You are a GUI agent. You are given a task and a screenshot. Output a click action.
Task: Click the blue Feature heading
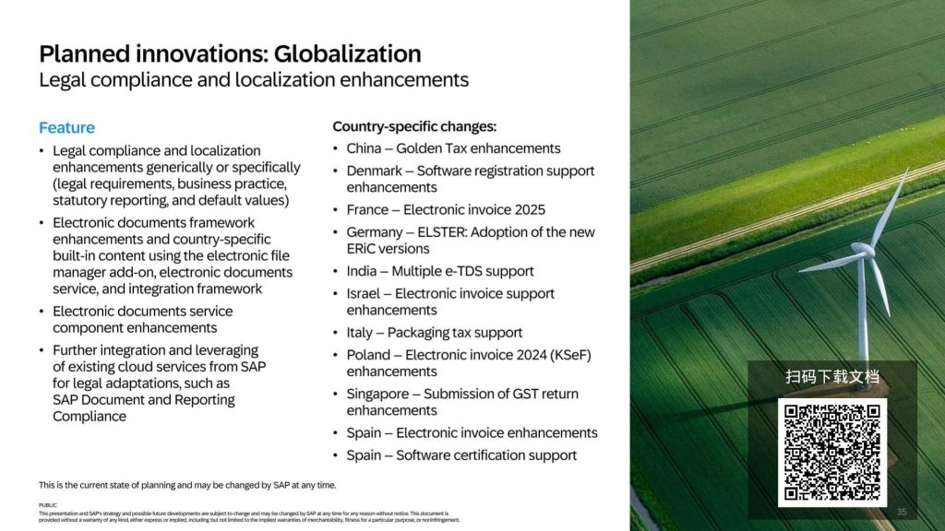point(66,127)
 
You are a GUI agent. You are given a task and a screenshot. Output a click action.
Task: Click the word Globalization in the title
point(347,53)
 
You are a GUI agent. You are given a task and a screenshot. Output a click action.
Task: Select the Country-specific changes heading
point(414,126)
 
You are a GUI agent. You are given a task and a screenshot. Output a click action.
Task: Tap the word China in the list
point(364,148)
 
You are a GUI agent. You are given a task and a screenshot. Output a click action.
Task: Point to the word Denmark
point(375,171)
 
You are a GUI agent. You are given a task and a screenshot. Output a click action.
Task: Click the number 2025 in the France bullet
point(530,209)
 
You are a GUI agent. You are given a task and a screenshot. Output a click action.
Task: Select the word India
point(362,271)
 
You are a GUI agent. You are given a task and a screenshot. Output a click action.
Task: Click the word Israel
point(364,293)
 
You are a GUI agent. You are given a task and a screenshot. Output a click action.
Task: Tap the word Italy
point(360,332)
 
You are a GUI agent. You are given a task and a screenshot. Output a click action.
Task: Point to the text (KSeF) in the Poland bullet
point(570,355)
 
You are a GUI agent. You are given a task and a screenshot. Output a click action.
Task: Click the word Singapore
point(377,395)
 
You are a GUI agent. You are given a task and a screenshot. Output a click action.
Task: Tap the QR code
point(831,452)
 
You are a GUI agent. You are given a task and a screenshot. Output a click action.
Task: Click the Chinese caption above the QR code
point(832,377)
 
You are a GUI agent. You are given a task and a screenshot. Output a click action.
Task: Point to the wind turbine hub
point(863,249)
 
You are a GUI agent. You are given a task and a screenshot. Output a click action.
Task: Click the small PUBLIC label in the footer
point(48,506)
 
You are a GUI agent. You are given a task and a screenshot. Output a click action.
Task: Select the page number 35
point(902,512)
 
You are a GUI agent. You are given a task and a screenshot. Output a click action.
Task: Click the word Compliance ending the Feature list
point(90,417)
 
